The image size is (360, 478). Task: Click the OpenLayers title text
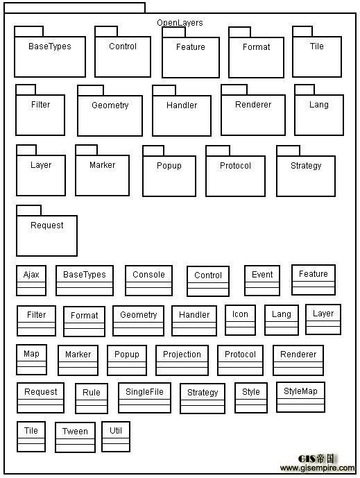pyautogui.click(x=180, y=23)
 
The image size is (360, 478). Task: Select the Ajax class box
pyautogui.click(x=31, y=280)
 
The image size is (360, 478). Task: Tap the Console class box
pyautogui.click(x=148, y=280)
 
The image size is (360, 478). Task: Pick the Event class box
pyautogui.click(x=262, y=280)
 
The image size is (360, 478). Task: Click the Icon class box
pyautogui.click(x=240, y=320)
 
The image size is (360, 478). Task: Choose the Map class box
pyautogui.click(x=31, y=360)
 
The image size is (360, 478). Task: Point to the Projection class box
pyautogui.click(x=182, y=360)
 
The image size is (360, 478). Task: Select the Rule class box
pyautogui.click(x=92, y=398)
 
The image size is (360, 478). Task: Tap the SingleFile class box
pyautogui.click(x=144, y=398)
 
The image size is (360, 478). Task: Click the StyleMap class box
pyautogui.click(x=300, y=397)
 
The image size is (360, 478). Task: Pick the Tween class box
pyautogui.click(x=75, y=437)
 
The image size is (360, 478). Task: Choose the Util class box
pyautogui.click(x=116, y=436)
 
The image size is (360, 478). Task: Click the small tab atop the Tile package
pyautogui.click(x=302, y=31)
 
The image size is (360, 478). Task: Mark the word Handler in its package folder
pyautogui.click(x=182, y=105)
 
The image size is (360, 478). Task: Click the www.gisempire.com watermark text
pyautogui.click(x=317, y=468)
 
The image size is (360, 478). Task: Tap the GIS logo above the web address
pyautogui.click(x=316, y=459)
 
